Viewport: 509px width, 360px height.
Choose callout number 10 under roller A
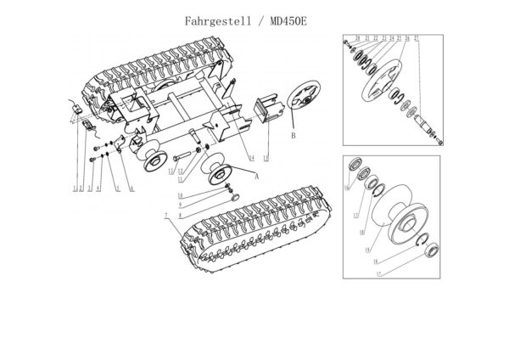pyautogui.click(x=180, y=195)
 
